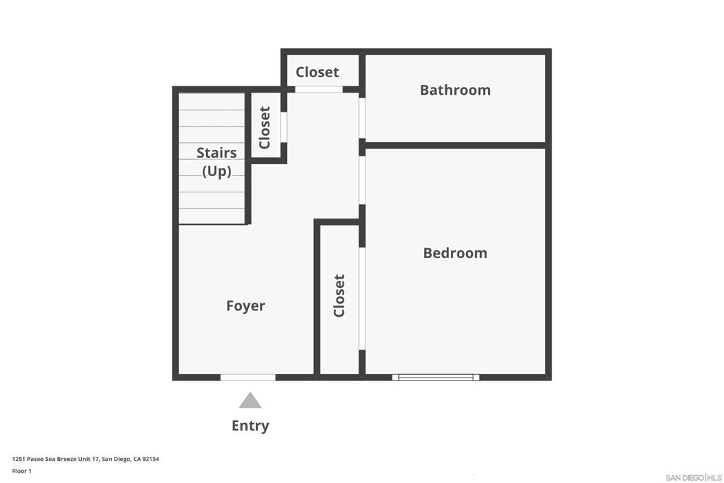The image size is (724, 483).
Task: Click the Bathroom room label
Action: tap(455, 90)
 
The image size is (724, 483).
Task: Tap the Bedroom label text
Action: tap(455, 252)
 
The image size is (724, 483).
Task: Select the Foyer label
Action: tap(245, 305)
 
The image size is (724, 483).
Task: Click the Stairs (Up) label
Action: tap(216, 161)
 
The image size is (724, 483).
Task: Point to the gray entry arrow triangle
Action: tap(250, 402)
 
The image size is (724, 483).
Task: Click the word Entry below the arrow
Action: tap(250, 426)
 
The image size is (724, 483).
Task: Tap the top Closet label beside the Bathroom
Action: tap(317, 72)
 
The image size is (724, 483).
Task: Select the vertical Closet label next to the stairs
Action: tap(265, 127)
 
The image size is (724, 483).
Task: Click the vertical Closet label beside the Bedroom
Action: tap(339, 296)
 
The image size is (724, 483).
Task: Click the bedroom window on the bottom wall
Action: tap(436, 378)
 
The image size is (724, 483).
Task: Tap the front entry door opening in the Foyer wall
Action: tap(247, 378)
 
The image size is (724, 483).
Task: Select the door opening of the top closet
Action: tap(318, 89)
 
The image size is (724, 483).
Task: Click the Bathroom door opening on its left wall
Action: tap(362, 118)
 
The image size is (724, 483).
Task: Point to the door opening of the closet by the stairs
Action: tap(284, 127)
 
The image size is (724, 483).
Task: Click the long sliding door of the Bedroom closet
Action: tap(362, 298)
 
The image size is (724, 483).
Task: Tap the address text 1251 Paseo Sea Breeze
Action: tap(85, 459)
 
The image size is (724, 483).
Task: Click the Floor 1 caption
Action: tap(22, 471)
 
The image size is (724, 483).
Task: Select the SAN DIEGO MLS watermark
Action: tap(693, 477)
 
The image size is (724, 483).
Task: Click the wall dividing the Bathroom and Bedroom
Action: tap(455, 145)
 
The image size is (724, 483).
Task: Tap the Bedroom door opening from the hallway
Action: tap(362, 180)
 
